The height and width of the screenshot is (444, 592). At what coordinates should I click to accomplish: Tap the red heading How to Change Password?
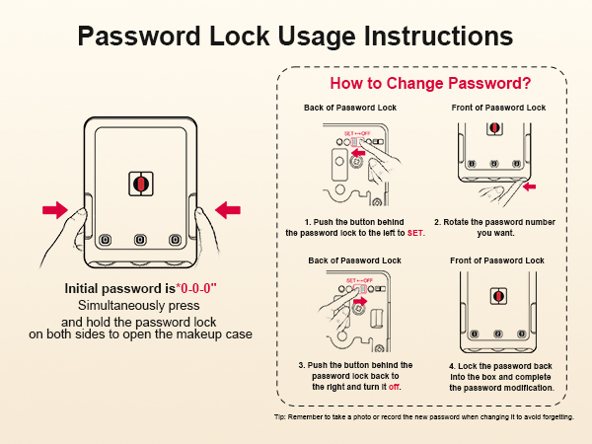pos(430,83)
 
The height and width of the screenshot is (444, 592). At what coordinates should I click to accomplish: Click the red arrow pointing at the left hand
pos(55,210)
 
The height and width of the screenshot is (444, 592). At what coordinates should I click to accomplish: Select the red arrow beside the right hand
pos(228,210)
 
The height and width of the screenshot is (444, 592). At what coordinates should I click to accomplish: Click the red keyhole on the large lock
pos(141,184)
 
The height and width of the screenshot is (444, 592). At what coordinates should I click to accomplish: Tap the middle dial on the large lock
pos(140,240)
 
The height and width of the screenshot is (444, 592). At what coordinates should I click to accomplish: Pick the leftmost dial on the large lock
pos(105,240)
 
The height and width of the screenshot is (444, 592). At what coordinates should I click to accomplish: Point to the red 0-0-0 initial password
pos(196,288)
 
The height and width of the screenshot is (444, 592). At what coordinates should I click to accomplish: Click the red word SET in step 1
pos(415,233)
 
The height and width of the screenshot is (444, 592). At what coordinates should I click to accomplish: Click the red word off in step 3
pos(394,387)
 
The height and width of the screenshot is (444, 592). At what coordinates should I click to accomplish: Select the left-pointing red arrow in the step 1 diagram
pos(358,153)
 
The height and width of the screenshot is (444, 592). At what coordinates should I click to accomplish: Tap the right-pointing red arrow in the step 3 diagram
pos(360,301)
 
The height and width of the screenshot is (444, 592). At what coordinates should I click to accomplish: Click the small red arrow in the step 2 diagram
pos(529,186)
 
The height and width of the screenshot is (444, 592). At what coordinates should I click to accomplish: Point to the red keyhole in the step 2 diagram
pos(494,128)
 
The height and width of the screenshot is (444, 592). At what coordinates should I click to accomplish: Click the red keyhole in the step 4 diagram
pos(498,296)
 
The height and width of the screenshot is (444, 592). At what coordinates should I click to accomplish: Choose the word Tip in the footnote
pos(279,416)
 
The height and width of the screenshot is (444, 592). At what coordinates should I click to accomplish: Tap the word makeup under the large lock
pos(198,334)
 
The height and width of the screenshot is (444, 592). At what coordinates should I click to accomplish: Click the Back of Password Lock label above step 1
pos(350,108)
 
